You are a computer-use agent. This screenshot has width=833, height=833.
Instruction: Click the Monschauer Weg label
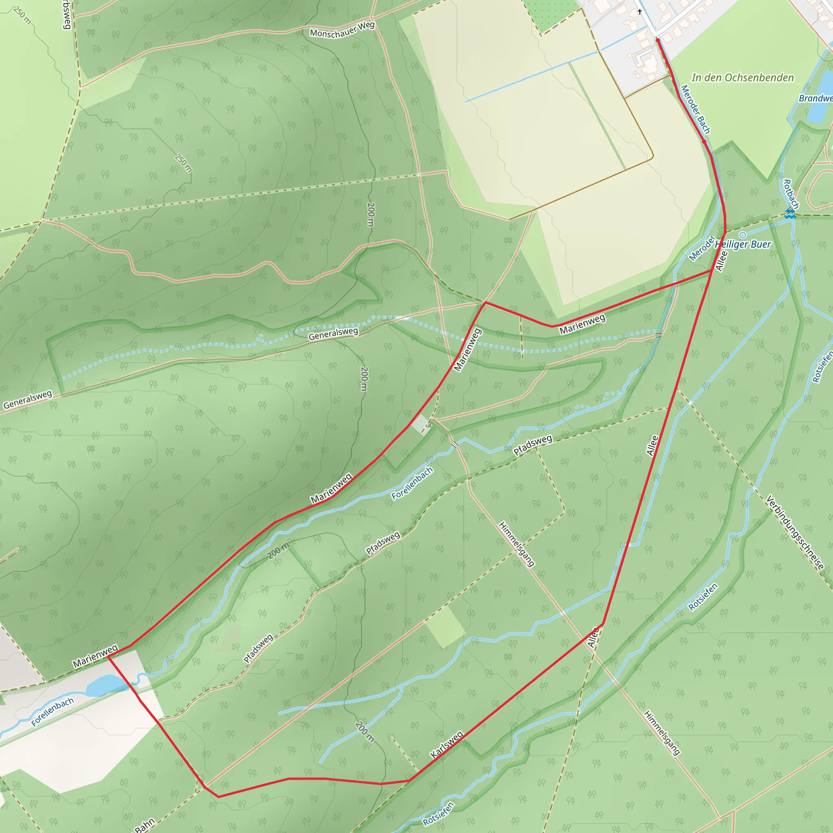(x=342, y=30)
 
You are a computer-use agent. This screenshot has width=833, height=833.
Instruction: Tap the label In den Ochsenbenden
(x=742, y=78)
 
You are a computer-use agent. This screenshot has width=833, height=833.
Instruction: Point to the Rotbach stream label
(x=791, y=194)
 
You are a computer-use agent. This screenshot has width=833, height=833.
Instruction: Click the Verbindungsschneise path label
(x=795, y=533)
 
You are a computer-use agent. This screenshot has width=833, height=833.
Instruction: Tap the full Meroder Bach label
(x=695, y=109)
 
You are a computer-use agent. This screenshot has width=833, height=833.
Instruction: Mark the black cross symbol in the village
(x=640, y=12)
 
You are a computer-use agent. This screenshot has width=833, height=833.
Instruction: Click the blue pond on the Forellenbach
(x=105, y=685)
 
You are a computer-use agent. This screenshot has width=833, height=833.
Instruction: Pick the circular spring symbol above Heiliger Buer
(x=742, y=235)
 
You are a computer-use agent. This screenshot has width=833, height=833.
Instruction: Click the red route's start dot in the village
(x=658, y=40)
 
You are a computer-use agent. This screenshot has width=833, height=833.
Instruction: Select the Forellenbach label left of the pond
(x=52, y=712)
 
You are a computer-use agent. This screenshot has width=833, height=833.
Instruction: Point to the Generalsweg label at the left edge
(x=27, y=399)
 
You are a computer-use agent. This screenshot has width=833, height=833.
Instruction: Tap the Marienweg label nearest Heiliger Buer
(x=582, y=325)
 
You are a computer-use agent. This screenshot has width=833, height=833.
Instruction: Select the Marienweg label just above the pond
(x=95, y=656)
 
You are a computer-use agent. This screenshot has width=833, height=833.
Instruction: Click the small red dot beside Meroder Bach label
(x=704, y=141)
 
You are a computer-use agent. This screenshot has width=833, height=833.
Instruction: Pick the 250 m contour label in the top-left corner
(x=22, y=15)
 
